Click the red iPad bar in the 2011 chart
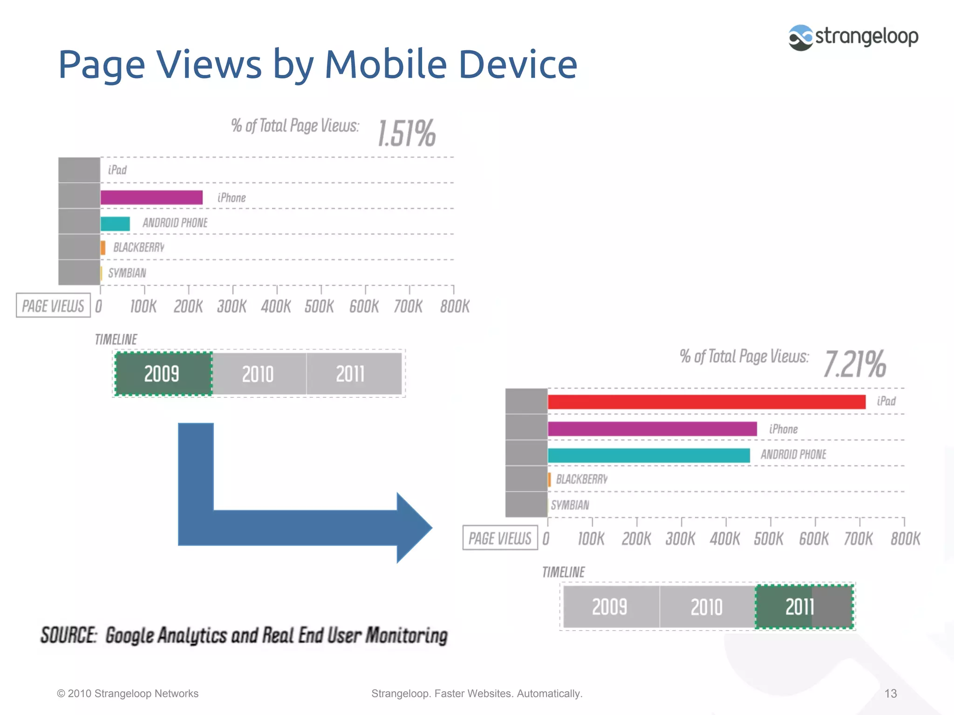(x=706, y=402)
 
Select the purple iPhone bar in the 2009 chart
(x=151, y=197)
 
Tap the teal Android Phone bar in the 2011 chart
(x=648, y=455)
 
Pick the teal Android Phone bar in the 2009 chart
(x=115, y=224)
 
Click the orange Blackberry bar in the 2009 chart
(x=103, y=248)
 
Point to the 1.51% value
(x=406, y=134)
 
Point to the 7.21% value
(x=855, y=364)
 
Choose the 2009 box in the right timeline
(x=610, y=607)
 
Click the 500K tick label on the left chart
(x=319, y=306)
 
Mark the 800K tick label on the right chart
(x=905, y=539)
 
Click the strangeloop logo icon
(x=800, y=37)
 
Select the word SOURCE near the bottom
(x=68, y=635)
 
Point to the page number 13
(x=890, y=694)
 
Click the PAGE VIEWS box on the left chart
(x=53, y=306)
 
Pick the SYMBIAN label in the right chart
(x=570, y=505)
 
